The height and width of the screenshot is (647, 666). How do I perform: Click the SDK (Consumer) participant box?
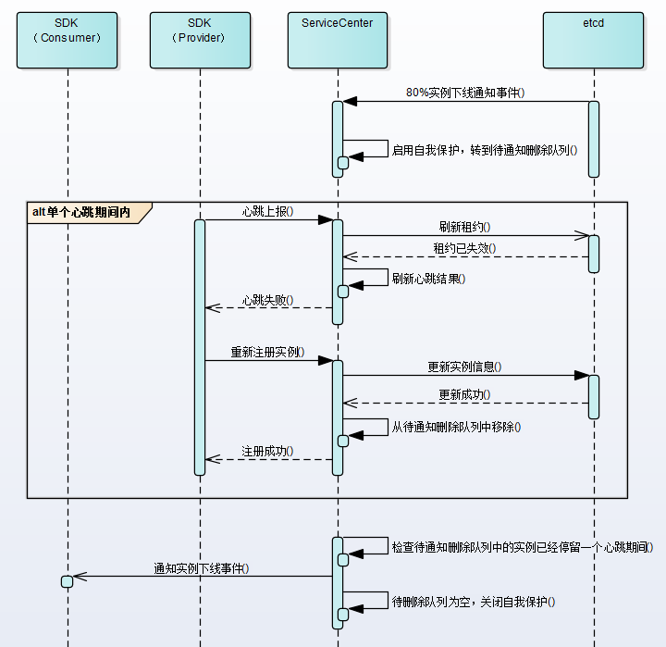tap(67, 40)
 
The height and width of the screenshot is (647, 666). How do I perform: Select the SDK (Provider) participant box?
tap(200, 40)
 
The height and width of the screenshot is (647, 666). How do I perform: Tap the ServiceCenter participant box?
tap(338, 40)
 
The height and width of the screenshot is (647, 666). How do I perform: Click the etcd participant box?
tap(593, 40)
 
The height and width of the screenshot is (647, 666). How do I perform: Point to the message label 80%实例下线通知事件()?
tap(465, 93)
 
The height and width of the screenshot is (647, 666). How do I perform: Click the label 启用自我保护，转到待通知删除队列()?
tap(485, 149)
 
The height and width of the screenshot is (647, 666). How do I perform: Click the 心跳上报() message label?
tap(267, 211)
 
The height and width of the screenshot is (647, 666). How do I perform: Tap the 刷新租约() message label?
tap(464, 227)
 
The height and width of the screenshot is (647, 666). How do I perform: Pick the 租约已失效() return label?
tap(464, 248)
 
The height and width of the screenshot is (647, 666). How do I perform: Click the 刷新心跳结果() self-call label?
tap(428, 278)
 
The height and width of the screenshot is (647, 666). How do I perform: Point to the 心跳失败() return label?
tap(267, 300)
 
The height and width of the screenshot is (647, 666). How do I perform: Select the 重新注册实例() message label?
tap(267, 353)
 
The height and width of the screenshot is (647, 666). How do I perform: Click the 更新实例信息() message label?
tap(464, 367)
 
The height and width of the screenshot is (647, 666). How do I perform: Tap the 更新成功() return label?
tap(464, 394)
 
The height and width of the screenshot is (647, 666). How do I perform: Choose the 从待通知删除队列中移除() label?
tap(456, 427)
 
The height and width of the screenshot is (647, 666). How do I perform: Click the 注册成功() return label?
tap(267, 451)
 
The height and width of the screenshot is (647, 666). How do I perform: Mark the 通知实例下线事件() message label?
tap(202, 568)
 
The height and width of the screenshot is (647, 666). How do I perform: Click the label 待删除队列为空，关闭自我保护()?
tap(473, 602)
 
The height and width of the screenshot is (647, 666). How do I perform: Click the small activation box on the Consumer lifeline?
tap(67, 581)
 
